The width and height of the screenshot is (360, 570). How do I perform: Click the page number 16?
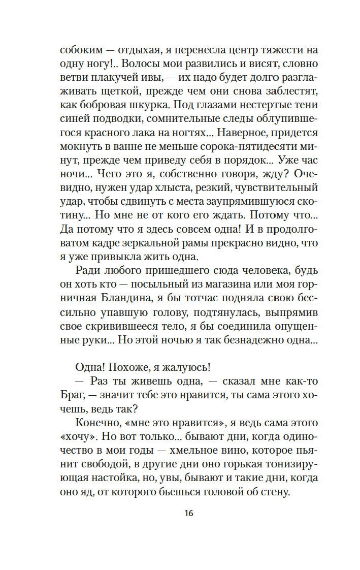[x=189, y=513]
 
